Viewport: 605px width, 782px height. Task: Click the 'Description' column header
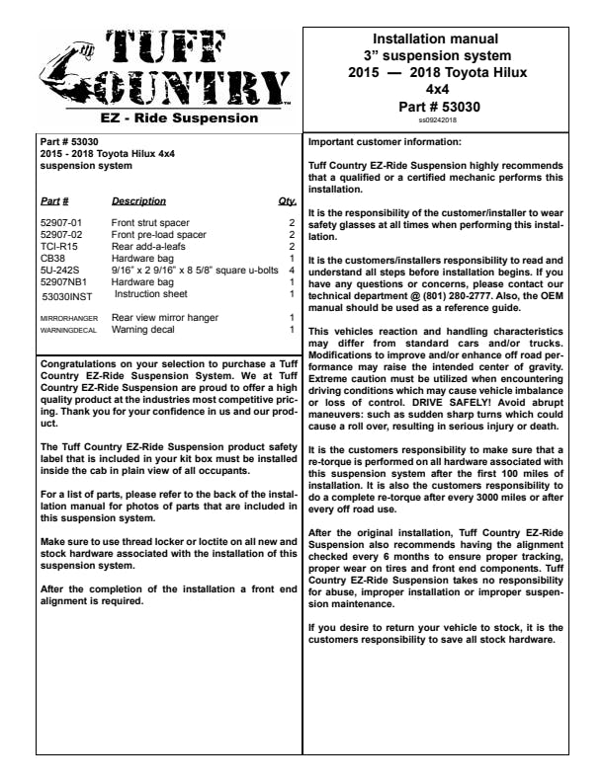[x=138, y=200]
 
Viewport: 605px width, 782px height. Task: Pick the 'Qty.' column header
[x=288, y=200]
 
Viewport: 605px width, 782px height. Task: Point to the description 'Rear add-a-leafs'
[x=146, y=246]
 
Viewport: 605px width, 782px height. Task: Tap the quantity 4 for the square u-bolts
[x=292, y=270]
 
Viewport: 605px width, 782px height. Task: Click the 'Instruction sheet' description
[x=150, y=294]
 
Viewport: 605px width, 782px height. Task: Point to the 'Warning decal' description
[x=143, y=330]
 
